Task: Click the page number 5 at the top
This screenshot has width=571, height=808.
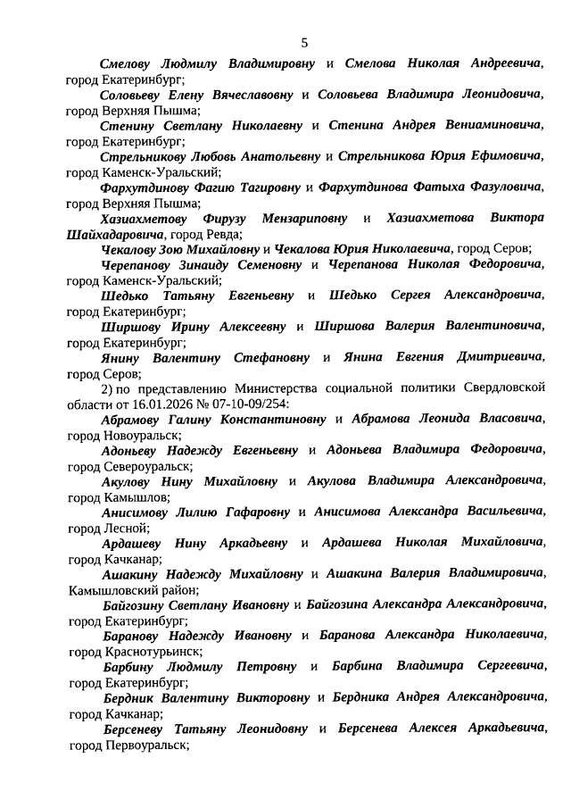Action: (303, 42)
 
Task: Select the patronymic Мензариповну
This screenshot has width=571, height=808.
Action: (306, 218)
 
